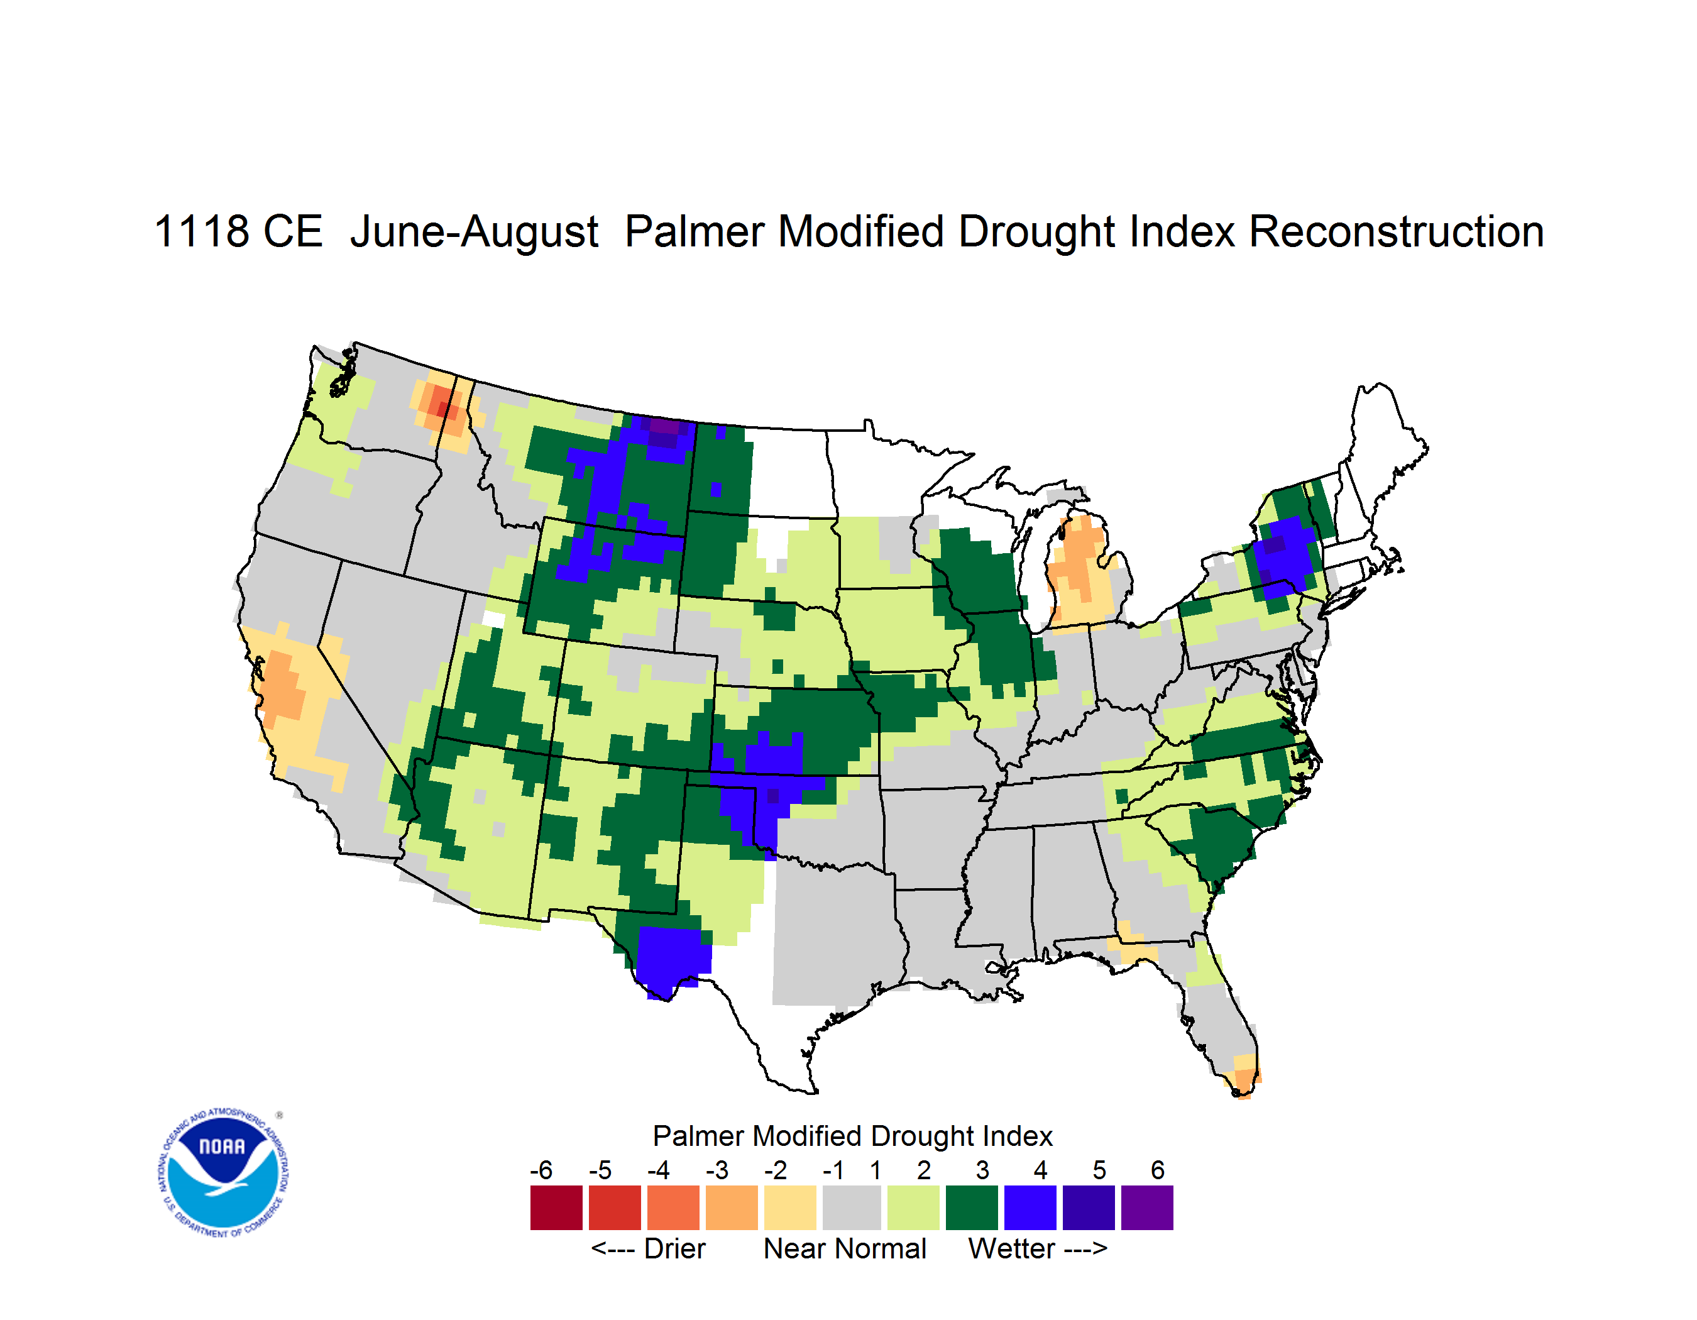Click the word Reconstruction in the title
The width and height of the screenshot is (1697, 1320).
(1397, 231)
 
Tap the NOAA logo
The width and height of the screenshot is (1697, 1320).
(223, 1173)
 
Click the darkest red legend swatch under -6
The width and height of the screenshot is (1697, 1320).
(556, 1207)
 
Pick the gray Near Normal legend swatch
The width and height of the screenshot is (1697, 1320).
(852, 1207)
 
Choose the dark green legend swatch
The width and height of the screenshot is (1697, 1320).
(971, 1207)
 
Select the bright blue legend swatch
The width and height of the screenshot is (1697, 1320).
(1030, 1207)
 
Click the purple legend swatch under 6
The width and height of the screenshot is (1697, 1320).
(1147, 1207)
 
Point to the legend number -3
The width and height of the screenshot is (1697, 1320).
(717, 1170)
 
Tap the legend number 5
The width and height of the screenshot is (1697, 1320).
(1099, 1170)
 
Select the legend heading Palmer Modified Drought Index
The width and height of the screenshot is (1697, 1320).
(852, 1136)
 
